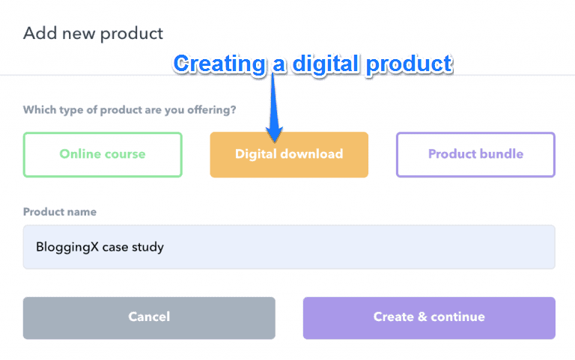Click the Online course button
[x=103, y=155]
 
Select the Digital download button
[x=289, y=155]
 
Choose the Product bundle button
[x=475, y=155]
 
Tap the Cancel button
[x=149, y=318]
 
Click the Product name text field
[x=289, y=247]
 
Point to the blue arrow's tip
[x=274, y=142]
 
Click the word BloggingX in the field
[x=67, y=248]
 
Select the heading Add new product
[x=93, y=34]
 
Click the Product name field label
[x=60, y=212]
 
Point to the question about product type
[x=130, y=110]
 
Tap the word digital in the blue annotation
[x=326, y=64]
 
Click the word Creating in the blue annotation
[x=219, y=64]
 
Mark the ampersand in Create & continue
[x=422, y=317]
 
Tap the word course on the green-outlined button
[x=124, y=154]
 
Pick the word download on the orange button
[x=311, y=154]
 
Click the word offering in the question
[x=212, y=110]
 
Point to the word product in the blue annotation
[x=410, y=65]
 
